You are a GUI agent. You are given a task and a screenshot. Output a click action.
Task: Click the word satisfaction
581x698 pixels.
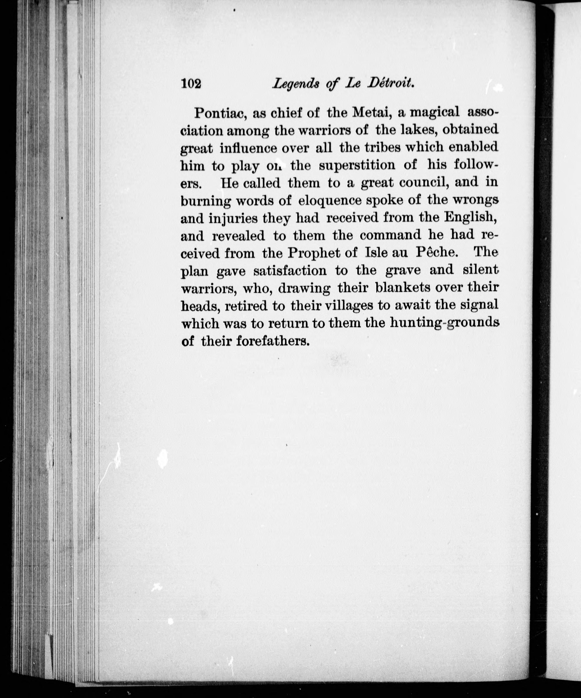coord(290,271)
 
